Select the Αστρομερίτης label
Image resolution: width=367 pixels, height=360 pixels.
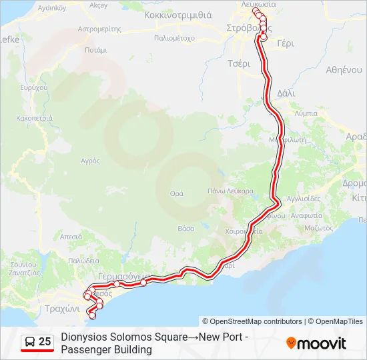coord(99,29)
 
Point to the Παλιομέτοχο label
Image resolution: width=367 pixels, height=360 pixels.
coord(173,38)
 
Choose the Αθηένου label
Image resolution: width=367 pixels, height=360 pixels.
coord(344,69)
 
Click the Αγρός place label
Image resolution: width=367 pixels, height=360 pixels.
coord(90,161)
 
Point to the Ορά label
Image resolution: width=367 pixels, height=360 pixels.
coord(177,193)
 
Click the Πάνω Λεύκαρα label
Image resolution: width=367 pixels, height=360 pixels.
coord(231,191)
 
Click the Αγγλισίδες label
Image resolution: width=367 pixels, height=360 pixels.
coord(304,198)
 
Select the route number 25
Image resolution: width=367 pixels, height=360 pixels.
coord(45,342)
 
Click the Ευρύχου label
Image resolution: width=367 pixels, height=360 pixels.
coord(34,87)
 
